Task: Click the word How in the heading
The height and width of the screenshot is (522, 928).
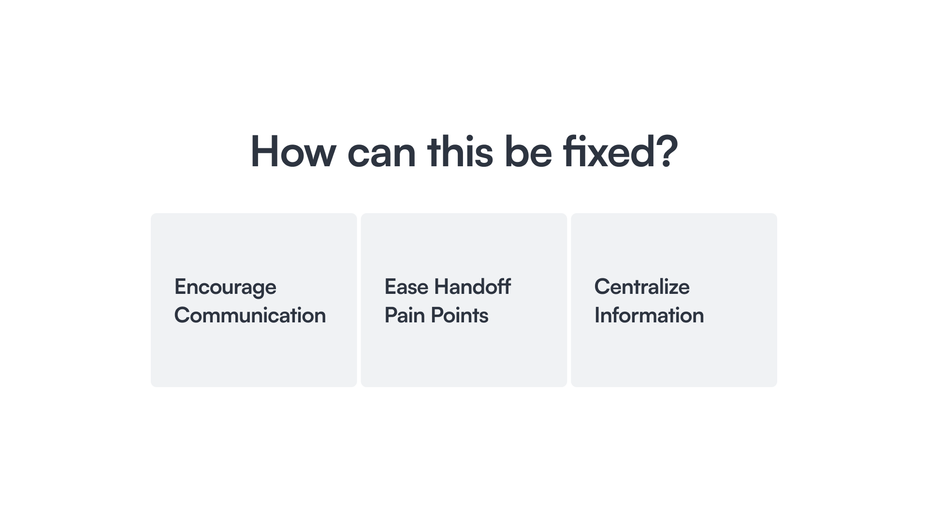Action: pos(293,151)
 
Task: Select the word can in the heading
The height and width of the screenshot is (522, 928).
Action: pos(381,156)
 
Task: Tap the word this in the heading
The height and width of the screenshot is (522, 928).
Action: pos(460,151)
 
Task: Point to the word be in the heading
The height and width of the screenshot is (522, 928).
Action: pos(528,151)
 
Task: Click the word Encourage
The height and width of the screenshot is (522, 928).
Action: pos(225,288)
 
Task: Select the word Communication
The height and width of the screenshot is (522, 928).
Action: pos(250,315)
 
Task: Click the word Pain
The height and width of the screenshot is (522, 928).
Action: pos(404,315)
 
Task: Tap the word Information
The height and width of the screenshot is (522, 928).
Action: pos(649,315)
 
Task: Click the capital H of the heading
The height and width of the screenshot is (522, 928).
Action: pos(265,151)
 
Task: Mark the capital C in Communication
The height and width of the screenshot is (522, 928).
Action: pos(183,315)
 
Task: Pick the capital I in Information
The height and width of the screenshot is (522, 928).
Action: pos(597,315)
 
